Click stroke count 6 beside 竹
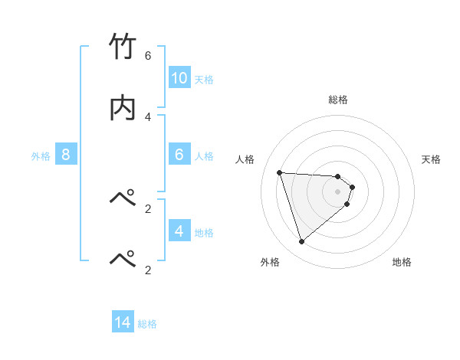[x=147, y=56]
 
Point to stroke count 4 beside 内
[x=147, y=116]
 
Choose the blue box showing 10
[x=179, y=78]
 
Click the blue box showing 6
[x=179, y=155]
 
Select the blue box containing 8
[x=66, y=155]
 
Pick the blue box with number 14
[x=123, y=323]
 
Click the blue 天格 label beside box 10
[x=204, y=80]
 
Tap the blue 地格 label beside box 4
[x=204, y=233]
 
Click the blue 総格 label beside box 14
[x=147, y=324]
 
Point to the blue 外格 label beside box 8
[x=41, y=156]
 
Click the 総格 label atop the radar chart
[x=338, y=100]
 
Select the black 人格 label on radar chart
[x=245, y=159]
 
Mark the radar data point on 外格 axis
[x=301, y=242]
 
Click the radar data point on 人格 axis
[x=280, y=172]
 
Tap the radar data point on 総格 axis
[x=338, y=176]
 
